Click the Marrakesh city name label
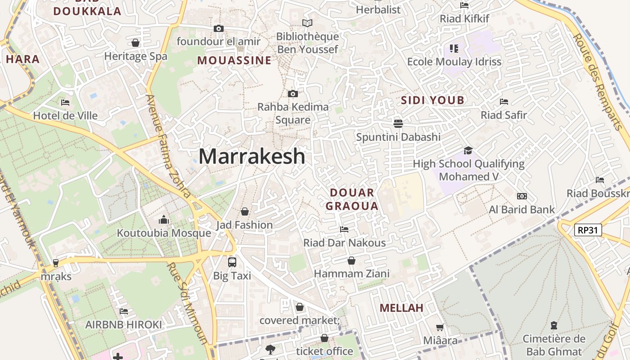click(252, 157)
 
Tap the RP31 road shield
click(588, 230)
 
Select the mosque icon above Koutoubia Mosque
click(164, 220)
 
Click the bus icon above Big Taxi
click(232, 262)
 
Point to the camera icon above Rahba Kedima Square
click(292, 94)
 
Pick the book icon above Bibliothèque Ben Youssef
click(307, 23)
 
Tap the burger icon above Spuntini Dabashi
click(398, 123)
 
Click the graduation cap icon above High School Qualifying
click(468, 150)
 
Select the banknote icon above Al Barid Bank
click(522, 196)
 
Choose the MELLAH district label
click(401, 308)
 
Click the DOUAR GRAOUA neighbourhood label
click(351, 199)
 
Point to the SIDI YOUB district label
click(432, 100)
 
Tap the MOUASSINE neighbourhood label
click(234, 60)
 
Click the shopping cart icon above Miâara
click(440, 327)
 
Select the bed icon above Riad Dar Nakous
click(344, 229)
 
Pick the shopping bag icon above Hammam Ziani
click(351, 261)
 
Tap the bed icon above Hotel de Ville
click(65, 103)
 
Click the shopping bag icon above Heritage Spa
click(135, 43)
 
